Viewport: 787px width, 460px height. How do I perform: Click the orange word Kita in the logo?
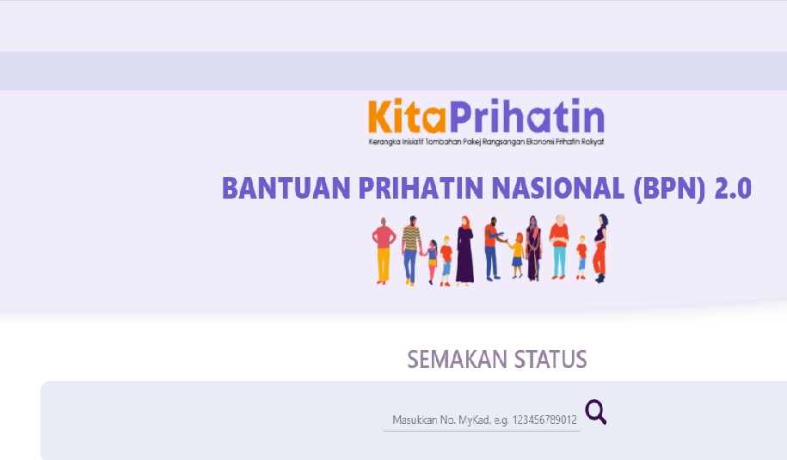coord(407,117)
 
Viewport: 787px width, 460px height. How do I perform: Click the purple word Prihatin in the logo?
coord(527,116)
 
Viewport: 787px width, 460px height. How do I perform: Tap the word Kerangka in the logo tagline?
coord(384,142)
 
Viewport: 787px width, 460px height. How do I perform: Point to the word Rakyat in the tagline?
coord(593,142)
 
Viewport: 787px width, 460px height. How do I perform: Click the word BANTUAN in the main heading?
coord(286,188)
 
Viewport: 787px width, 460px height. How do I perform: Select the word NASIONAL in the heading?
coord(558,188)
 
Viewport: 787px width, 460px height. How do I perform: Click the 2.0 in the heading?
coord(734,188)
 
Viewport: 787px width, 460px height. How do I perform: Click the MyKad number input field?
coord(483,420)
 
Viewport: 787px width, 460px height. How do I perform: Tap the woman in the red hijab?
coord(464,251)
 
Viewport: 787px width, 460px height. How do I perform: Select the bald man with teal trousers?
coord(559,247)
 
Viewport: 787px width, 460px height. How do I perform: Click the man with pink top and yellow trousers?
coord(384,251)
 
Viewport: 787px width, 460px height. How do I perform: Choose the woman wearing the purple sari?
coord(533,248)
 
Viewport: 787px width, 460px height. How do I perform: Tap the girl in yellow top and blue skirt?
coord(517,256)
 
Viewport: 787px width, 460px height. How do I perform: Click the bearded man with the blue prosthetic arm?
coord(493,248)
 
